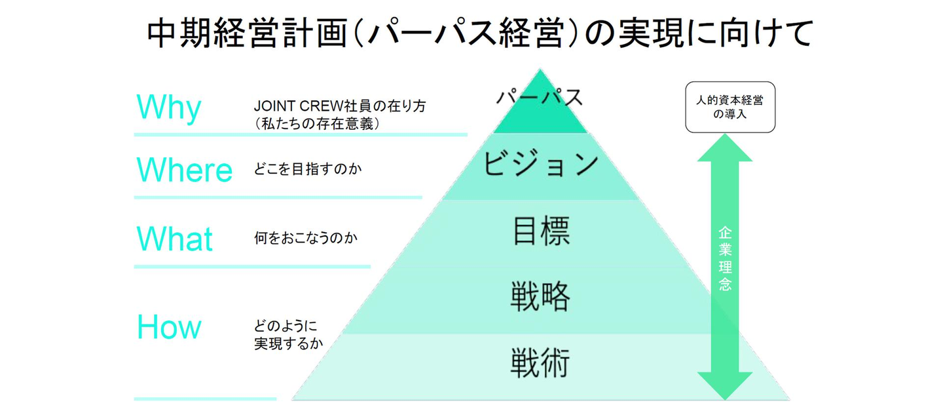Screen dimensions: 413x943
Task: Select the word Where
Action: [x=184, y=170]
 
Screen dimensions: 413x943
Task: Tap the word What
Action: [x=174, y=238]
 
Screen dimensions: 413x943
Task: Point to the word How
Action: [x=169, y=327]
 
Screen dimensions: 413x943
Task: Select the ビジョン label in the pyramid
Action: [x=541, y=164]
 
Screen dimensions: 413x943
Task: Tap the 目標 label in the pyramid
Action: [x=541, y=231]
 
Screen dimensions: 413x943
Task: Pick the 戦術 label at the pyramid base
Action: [x=541, y=362]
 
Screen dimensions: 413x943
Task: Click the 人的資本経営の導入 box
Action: [x=730, y=108]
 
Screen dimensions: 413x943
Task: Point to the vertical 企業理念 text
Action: [x=724, y=258]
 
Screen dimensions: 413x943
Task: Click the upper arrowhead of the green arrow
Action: [x=724, y=149]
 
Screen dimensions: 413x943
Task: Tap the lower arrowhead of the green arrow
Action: [x=724, y=385]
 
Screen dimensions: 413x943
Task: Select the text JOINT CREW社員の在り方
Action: [x=339, y=106]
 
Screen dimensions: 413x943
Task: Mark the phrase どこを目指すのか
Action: [x=308, y=170]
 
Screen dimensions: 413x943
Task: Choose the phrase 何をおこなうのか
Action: [x=305, y=238]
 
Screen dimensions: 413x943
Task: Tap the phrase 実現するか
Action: [x=288, y=343]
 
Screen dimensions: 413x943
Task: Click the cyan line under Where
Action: [x=278, y=197]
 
